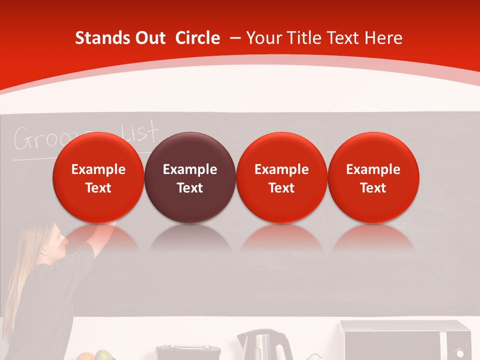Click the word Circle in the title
(x=197, y=38)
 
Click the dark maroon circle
(x=189, y=177)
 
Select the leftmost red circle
(x=98, y=177)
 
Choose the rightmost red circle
(x=373, y=177)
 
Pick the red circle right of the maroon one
(x=281, y=177)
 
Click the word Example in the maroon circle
(x=189, y=169)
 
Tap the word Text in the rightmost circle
(x=373, y=188)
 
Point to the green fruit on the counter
(x=103, y=355)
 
